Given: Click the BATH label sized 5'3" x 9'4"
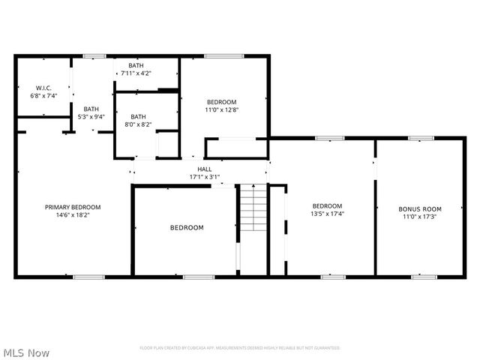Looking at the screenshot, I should [91, 109].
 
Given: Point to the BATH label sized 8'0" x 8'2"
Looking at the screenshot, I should [139, 117].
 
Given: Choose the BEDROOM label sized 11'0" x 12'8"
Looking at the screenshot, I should [221, 102].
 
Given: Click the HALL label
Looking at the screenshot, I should [205, 169].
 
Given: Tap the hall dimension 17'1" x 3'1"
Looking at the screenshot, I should [205, 178].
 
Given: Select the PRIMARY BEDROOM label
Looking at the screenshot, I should [72, 207].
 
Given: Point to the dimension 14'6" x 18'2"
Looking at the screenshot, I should [72, 215].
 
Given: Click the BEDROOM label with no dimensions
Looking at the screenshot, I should [186, 228].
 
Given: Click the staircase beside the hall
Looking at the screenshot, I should [252, 209].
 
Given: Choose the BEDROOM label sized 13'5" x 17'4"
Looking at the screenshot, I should [327, 206].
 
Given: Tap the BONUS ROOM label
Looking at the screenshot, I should [419, 209].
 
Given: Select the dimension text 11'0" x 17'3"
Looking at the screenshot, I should [419, 217].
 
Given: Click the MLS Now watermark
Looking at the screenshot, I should [26, 352].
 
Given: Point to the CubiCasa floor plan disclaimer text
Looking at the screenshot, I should [240, 348].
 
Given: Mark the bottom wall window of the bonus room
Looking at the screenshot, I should [424, 277].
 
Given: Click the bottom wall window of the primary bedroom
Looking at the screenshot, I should [88, 277].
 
